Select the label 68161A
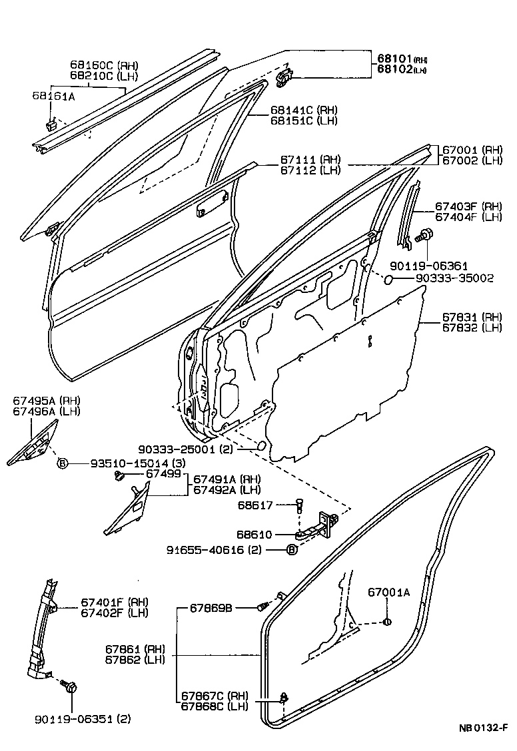[x=53, y=96]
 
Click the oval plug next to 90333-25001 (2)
[x=262, y=445]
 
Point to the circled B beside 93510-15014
[x=62, y=463]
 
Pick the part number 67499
[x=163, y=473]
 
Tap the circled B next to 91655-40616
[x=291, y=549]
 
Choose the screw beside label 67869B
[x=264, y=607]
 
